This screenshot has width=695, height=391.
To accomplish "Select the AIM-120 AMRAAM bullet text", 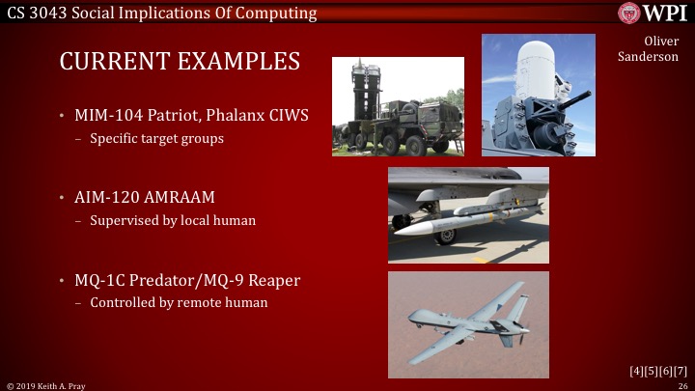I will [x=145, y=198].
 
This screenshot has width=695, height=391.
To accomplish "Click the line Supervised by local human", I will [x=173, y=220].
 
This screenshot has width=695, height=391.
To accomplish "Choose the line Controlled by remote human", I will [x=179, y=302].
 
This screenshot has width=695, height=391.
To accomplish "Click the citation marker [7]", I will [x=681, y=371].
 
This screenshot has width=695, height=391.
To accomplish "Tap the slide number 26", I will [x=681, y=385].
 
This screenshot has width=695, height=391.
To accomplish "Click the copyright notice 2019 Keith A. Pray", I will [x=49, y=385].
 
